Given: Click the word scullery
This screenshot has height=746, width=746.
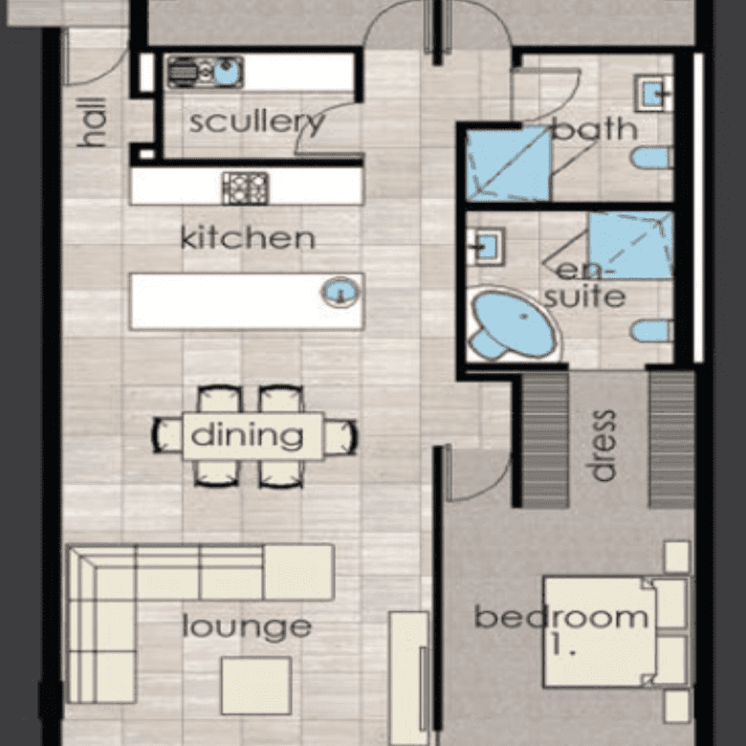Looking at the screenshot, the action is [x=257, y=122].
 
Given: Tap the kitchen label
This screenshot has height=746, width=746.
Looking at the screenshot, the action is [x=248, y=237].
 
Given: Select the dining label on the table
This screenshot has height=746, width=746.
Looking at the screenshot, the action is [x=247, y=436].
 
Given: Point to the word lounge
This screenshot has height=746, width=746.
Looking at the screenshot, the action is [x=247, y=627].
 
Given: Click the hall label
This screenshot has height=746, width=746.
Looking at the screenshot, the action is [x=92, y=122].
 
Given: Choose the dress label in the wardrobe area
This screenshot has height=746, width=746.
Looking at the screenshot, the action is [x=603, y=446].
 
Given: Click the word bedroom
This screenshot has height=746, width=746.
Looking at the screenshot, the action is [x=561, y=617].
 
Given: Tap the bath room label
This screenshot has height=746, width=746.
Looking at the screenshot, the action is [x=595, y=128].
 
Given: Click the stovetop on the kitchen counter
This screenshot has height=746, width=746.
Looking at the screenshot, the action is [x=246, y=188].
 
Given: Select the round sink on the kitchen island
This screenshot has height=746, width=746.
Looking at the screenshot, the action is [x=340, y=292].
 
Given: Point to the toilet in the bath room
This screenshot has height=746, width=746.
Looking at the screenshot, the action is [x=652, y=158].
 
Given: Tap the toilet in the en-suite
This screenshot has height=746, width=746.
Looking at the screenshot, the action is [x=652, y=331].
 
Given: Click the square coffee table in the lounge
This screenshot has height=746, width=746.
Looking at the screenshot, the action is [x=256, y=686].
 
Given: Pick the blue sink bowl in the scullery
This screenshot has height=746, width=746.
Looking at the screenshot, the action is [x=228, y=73].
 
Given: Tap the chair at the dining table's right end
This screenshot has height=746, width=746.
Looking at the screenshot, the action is [x=340, y=437].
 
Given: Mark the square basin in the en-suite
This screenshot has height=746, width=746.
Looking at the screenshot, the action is [x=486, y=247].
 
